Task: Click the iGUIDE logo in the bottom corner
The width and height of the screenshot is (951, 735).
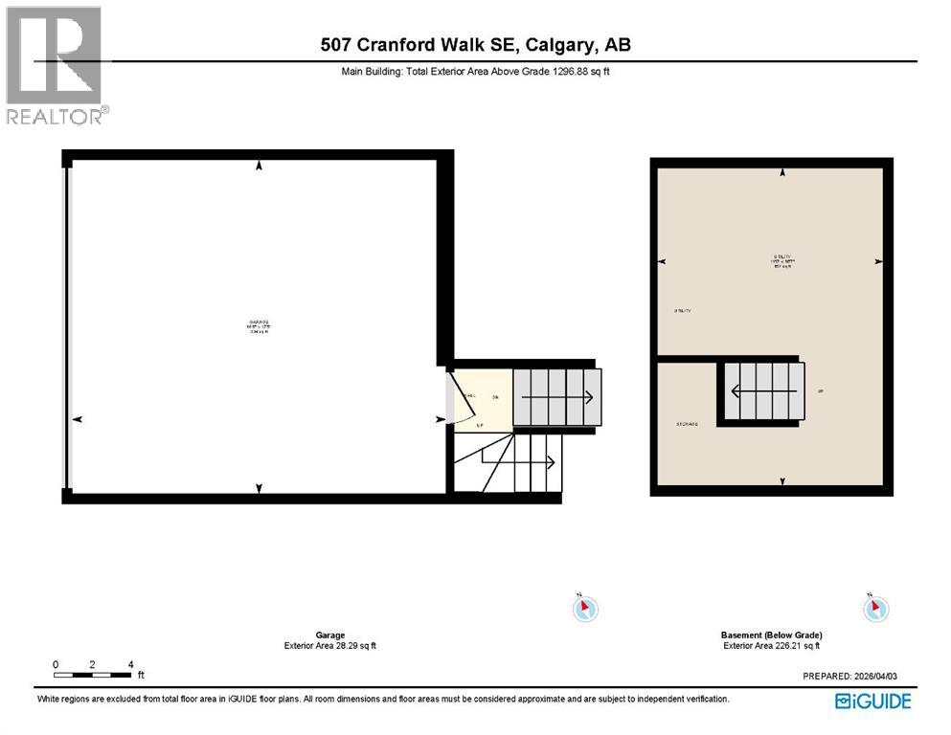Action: (x=872, y=702)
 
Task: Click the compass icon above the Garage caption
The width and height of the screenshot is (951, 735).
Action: (x=586, y=607)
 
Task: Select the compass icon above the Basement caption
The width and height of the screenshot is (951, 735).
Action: (x=875, y=607)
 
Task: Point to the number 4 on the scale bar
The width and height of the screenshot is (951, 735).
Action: (x=129, y=664)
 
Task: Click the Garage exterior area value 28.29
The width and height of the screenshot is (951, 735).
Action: (x=343, y=645)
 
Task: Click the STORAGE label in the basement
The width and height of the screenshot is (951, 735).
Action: (x=686, y=424)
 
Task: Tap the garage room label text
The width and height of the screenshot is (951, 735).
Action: (x=258, y=326)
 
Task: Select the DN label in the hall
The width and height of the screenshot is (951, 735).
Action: (x=495, y=396)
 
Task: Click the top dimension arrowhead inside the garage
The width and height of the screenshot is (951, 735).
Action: (x=259, y=167)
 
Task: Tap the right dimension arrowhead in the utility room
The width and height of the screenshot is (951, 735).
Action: (x=878, y=261)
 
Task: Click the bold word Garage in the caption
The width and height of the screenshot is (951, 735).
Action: (x=329, y=635)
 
